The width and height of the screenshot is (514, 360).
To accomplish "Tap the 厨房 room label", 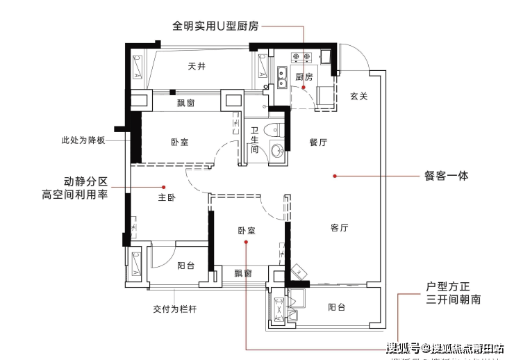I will pyautogui.click(x=304, y=76).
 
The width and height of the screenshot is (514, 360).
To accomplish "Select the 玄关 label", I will pyautogui.click(x=358, y=96).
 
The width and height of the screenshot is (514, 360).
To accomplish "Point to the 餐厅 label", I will pyautogui.click(x=318, y=142).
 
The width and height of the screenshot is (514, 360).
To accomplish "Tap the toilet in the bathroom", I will pyautogui.click(x=278, y=130).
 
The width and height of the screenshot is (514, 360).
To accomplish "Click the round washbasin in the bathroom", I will pyautogui.click(x=278, y=149).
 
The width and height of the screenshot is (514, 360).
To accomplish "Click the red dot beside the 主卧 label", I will pyautogui.click(x=164, y=187).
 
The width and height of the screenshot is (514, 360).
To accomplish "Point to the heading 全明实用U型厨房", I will pyautogui.click(x=215, y=26).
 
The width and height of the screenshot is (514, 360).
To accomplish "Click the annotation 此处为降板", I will pyautogui.click(x=83, y=140).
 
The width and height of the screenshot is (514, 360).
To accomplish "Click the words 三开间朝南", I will pyautogui.click(x=453, y=301).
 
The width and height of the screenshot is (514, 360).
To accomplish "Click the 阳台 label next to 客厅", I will pyautogui.click(x=336, y=308).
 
